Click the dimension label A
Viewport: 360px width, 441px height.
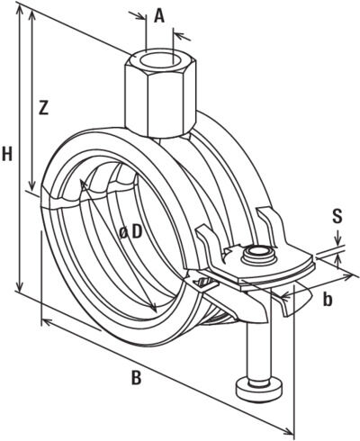(159, 15)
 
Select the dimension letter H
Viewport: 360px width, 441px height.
(8, 154)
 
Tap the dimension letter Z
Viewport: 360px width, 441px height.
(43, 107)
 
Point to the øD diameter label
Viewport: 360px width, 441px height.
(130, 231)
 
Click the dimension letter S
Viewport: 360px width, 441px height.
(337, 216)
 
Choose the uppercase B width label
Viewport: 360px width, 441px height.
(136, 378)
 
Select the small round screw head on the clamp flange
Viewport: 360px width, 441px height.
(260, 255)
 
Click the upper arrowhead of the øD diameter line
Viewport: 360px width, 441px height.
(85, 184)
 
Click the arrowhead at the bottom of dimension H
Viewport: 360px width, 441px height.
(19, 292)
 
